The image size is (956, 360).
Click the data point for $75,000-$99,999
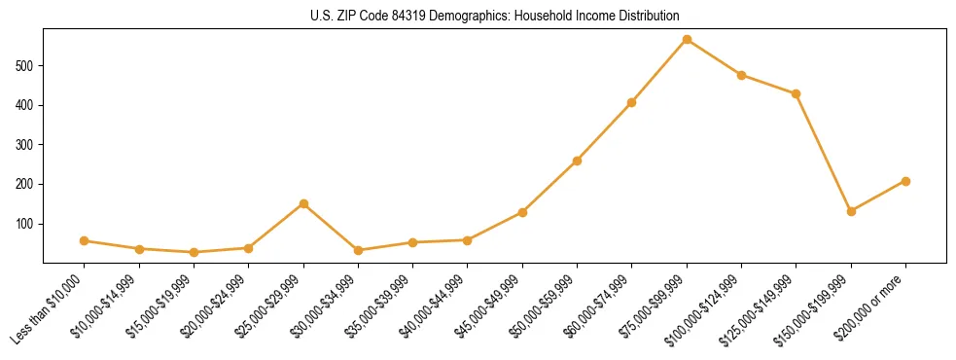coord(687,40)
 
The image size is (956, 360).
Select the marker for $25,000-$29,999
coord(303,203)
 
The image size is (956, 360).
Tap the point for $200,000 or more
coord(905,181)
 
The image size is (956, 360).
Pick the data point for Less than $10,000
coord(85,240)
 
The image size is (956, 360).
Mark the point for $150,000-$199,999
coord(851,211)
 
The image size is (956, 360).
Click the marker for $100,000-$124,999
coord(741,75)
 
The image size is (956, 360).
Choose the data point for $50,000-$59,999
coord(577,161)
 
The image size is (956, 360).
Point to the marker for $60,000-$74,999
coord(632,102)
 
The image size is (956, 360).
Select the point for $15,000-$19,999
coord(194,252)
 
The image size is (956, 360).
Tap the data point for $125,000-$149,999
coord(797,93)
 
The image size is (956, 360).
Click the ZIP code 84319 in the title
coord(401,16)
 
